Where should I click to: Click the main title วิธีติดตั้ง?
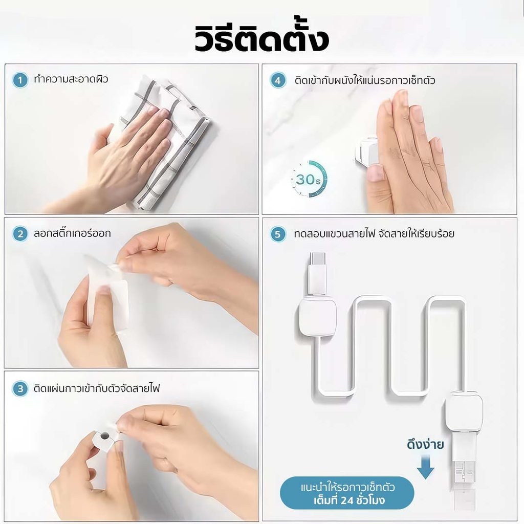[x=261, y=37]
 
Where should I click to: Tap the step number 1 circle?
[x=20, y=80]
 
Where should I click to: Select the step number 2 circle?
[x=20, y=234]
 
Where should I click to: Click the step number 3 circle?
[x=20, y=389]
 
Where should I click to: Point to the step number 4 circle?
[x=278, y=81]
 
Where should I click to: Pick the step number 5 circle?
[x=278, y=234]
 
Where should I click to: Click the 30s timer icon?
[x=309, y=179]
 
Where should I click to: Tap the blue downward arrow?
[x=425, y=467]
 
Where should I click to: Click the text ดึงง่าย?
[x=425, y=444]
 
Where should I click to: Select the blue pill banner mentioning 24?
[x=347, y=492]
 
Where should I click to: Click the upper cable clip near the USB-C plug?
[x=317, y=317]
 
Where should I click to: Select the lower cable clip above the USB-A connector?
[x=464, y=412]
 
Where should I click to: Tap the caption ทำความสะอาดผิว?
[x=71, y=79]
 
